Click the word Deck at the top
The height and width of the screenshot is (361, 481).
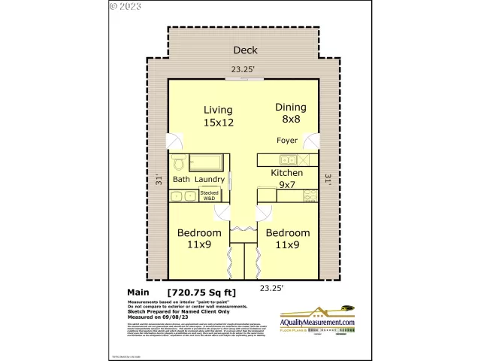(245, 50)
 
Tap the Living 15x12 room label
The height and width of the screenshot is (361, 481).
(218, 116)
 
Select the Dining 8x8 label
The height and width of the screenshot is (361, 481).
(290, 113)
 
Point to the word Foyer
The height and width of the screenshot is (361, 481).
(287, 141)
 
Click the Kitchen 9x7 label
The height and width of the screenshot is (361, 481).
(287, 178)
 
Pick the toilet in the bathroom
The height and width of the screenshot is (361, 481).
(179, 162)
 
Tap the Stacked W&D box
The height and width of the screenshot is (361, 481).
(209, 196)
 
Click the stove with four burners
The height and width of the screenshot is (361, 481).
(310, 196)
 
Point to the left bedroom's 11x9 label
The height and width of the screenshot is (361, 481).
(199, 238)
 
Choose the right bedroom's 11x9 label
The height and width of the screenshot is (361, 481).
(288, 238)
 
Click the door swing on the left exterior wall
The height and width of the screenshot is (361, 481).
(175, 143)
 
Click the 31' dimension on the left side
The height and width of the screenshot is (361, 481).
(159, 180)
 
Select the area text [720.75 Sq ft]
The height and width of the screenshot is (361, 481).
(201, 292)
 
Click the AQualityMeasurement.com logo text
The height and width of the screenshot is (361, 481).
(317, 322)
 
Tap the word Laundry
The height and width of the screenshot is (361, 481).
(210, 180)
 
